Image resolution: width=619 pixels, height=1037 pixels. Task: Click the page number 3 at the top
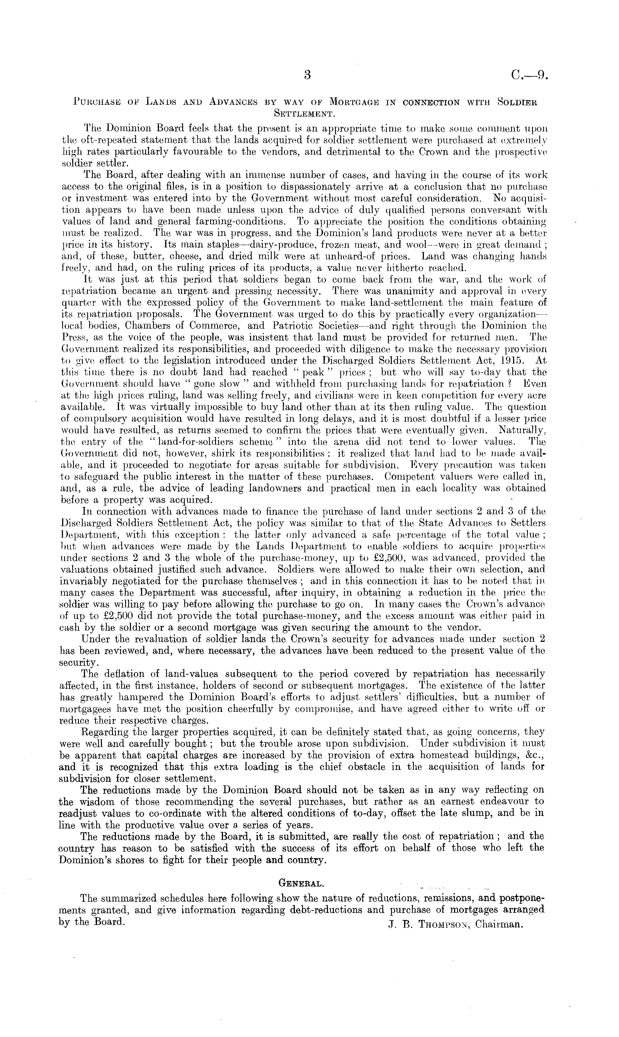click(308, 75)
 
